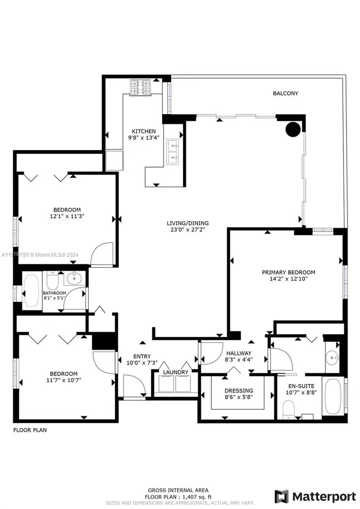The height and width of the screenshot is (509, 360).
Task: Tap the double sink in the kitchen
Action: click(x=172, y=151)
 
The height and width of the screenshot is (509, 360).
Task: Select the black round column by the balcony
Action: click(x=293, y=129)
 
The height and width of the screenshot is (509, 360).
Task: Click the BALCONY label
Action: click(x=285, y=93)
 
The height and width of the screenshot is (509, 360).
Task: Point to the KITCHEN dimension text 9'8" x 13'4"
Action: click(x=144, y=137)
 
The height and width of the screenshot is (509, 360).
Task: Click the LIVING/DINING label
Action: click(x=188, y=223)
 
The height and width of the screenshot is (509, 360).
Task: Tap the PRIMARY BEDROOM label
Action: click(x=288, y=272)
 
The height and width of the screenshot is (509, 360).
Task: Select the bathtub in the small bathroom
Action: click(x=31, y=291)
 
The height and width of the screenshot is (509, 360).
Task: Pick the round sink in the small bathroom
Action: click(x=75, y=278)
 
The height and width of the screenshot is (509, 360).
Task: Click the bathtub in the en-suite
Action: click(x=333, y=396)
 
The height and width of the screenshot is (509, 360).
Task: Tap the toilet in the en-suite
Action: click(x=288, y=410)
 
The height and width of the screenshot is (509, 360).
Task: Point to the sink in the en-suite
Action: click(x=332, y=358)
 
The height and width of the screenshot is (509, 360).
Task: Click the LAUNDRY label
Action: click(x=176, y=372)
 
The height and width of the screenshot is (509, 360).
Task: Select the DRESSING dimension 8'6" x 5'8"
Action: click(x=239, y=397)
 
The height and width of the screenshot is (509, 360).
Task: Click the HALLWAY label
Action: click(x=239, y=353)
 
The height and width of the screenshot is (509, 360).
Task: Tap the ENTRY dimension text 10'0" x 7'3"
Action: click(x=142, y=363)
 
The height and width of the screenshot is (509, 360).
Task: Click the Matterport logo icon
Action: click(x=281, y=497)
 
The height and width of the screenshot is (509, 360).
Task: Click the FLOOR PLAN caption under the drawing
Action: click(x=30, y=430)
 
